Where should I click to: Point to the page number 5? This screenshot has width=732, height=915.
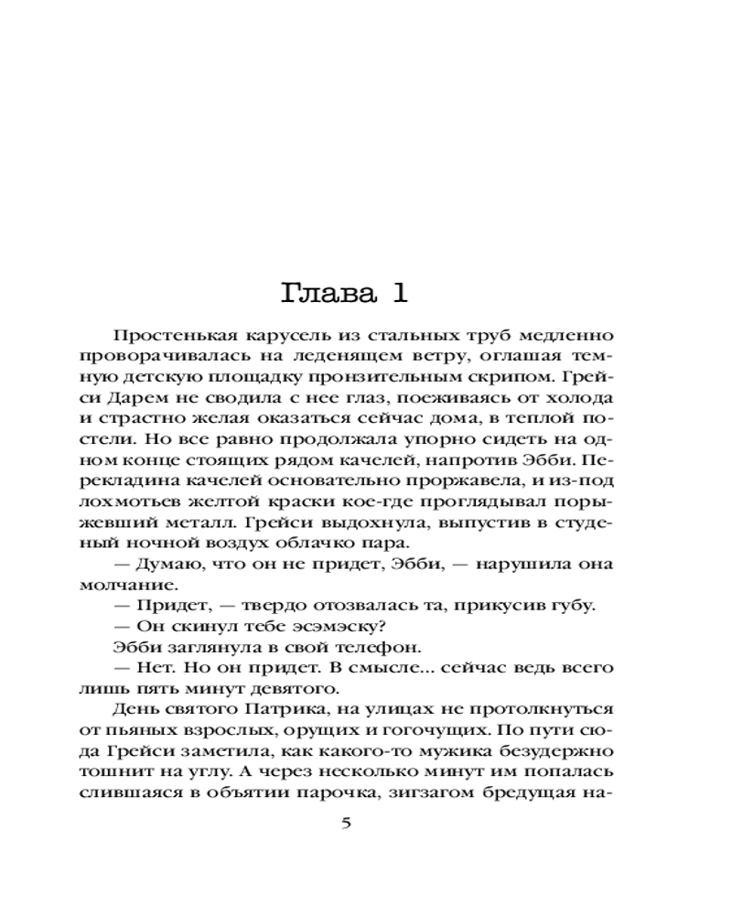click(345, 823)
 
